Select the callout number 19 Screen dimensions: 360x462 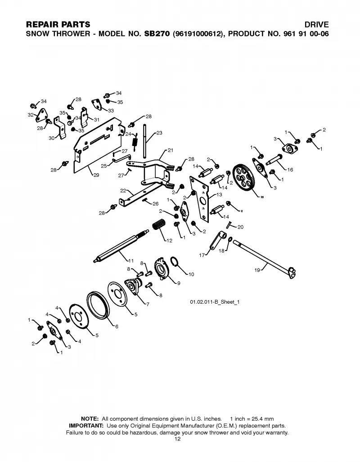[257, 270]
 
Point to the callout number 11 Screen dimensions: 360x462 [131, 260]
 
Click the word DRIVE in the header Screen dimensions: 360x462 [316, 24]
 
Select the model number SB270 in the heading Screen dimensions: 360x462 [157, 34]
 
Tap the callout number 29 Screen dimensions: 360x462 [96, 175]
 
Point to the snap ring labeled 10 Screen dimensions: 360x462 [175, 261]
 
